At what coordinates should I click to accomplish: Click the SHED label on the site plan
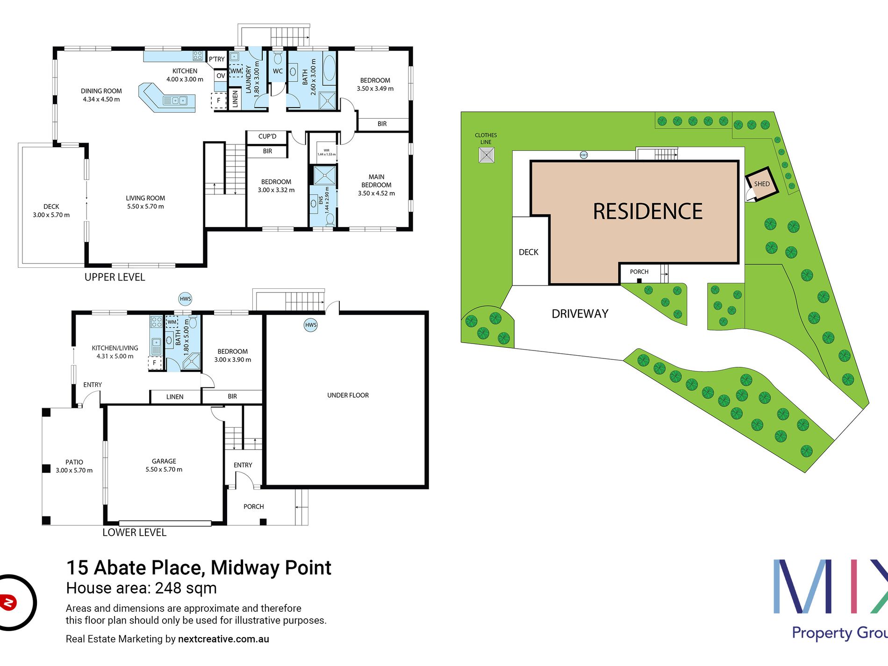tap(761, 184)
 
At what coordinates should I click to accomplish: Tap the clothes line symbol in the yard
tap(487, 155)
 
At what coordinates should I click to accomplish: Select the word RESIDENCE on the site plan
tap(647, 212)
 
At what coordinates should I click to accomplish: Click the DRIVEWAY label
tap(580, 314)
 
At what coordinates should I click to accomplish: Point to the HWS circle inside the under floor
tap(311, 325)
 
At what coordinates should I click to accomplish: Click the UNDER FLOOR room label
tap(348, 395)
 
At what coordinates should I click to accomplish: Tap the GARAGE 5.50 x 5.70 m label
tap(164, 465)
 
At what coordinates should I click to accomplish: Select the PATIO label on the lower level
tap(74, 466)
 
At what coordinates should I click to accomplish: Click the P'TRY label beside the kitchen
tap(216, 59)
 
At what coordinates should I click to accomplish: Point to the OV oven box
tap(221, 76)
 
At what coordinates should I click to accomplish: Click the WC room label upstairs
tap(278, 72)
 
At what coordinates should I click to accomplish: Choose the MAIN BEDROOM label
tap(376, 185)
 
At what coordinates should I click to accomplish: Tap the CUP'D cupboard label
tap(267, 136)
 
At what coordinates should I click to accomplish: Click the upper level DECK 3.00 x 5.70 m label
tap(51, 211)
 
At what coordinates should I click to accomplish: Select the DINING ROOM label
tap(101, 95)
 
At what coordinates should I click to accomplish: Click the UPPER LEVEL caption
tap(115, 277)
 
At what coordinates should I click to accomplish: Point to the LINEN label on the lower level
tap(175, 397)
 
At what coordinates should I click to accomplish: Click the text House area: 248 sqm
tap(141, 588)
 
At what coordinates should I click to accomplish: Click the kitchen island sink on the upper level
tap(175, 100)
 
